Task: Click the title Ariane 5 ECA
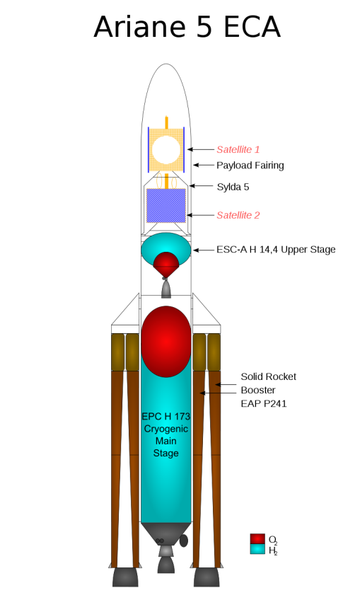coord(187,27)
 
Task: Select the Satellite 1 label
coord(238,149)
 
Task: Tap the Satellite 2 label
coord(238,215)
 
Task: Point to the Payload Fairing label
coord(250,166)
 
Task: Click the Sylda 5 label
coord(233,187)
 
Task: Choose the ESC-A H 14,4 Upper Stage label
coord(276,250)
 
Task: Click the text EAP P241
coord(264,403)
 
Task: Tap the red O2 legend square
coord(257,539)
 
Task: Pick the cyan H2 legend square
coord(257,549)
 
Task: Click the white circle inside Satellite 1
coord(166,150)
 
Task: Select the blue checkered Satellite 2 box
coord(166,206)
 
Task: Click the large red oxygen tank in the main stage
coord(166,342)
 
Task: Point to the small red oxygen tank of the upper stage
coord(166,265)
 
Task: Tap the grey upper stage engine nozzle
coord(166,289)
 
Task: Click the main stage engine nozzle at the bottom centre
coord(166,564)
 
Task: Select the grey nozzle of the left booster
coord(125,577)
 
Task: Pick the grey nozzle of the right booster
coord(207,577)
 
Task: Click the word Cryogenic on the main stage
coord(166,429)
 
